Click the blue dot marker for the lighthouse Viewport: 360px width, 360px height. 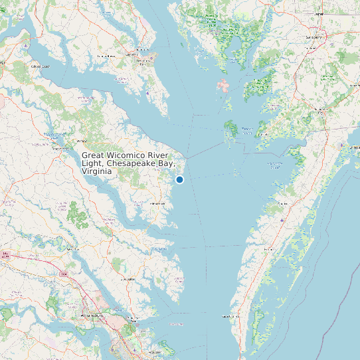click(x=179, y=179)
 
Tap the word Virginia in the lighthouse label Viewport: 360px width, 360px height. click(x=96, y=171)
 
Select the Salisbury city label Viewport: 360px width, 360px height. click(x=314, y=37)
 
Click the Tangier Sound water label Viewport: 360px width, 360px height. click(x=246, y=130)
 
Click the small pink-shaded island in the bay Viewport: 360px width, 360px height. click(x=223, y=86)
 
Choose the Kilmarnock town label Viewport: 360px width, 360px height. click(x=157, y=203)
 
